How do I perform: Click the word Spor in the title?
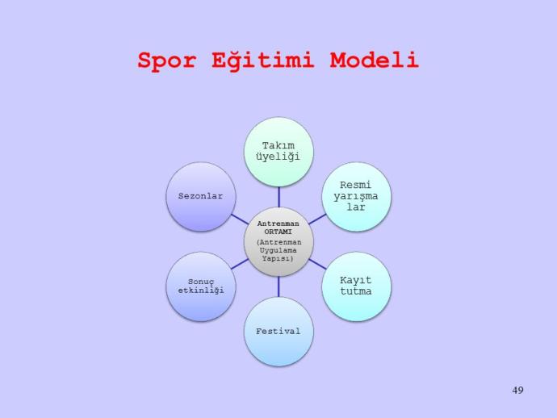tap(166, 61)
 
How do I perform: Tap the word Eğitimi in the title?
tap(263, 60)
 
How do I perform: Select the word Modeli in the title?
tap(374, 60)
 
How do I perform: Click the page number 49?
tap(517, 390)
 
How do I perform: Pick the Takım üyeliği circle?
tap(278, 152)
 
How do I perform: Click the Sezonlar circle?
tap(201, 197)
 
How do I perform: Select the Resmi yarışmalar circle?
tap(356, 197)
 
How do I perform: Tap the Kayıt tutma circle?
tap(356, 286)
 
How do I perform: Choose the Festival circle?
tap(278, 332)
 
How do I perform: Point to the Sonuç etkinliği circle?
tap(201, 286)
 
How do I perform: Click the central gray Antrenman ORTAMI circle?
tap(278, 241)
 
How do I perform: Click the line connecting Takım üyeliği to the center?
tap(278, 197)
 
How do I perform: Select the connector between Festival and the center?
tap(278, 286)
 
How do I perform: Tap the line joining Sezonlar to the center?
tap(240, 219)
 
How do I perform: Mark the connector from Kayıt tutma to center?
tap(317, 264)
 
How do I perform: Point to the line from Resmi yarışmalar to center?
tap(317, 219)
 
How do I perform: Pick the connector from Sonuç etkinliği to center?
tap(240, 264)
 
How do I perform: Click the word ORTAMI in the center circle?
tap(278, 232)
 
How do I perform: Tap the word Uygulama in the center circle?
tap(278, 251)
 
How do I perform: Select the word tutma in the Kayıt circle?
tap(355, 291)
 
